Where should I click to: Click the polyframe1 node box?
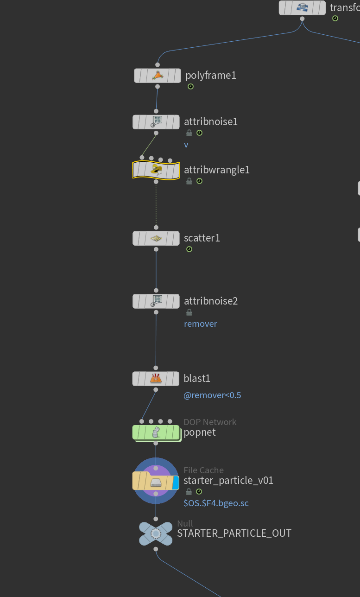click(x=158, y=76)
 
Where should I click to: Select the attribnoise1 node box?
click(x=156, y=122)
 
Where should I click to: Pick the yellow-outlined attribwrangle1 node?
click(x=156, y=170)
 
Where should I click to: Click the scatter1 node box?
click(x=156, y=238)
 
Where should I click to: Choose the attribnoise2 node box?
click(x=156, y=301)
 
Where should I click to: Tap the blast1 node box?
click(x=156, y=379)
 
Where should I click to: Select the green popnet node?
click(x=156, y=432)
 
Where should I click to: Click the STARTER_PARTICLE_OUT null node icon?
click(x=156, y=533)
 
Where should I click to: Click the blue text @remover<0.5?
click(x=212, y=395)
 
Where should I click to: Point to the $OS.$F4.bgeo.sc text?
click(x=216, y=503)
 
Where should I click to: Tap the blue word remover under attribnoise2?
click(x=200, y=324)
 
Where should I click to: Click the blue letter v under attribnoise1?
click(x=186, y=145)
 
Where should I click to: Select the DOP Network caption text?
click(x=210, y=422)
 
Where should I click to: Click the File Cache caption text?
click(x=203, y=470)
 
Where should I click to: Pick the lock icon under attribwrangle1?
click(x=189, y=181)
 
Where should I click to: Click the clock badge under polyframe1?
click(x=190, y=87)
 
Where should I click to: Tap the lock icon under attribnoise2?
click(x=189, y=312)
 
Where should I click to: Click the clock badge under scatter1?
click(x=189, y=249)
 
